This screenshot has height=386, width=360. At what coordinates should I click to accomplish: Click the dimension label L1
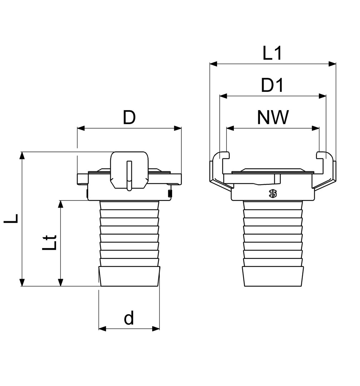(272, 53)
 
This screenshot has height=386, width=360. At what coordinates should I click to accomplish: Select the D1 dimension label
(272, 86)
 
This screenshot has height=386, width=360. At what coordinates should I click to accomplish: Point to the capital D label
(129, 118)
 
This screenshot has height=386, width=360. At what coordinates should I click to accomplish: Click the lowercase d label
(129, 318)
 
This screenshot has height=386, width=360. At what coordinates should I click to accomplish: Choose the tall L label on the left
(11, 218)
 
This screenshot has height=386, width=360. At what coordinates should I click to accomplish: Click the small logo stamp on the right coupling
(273, 194)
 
